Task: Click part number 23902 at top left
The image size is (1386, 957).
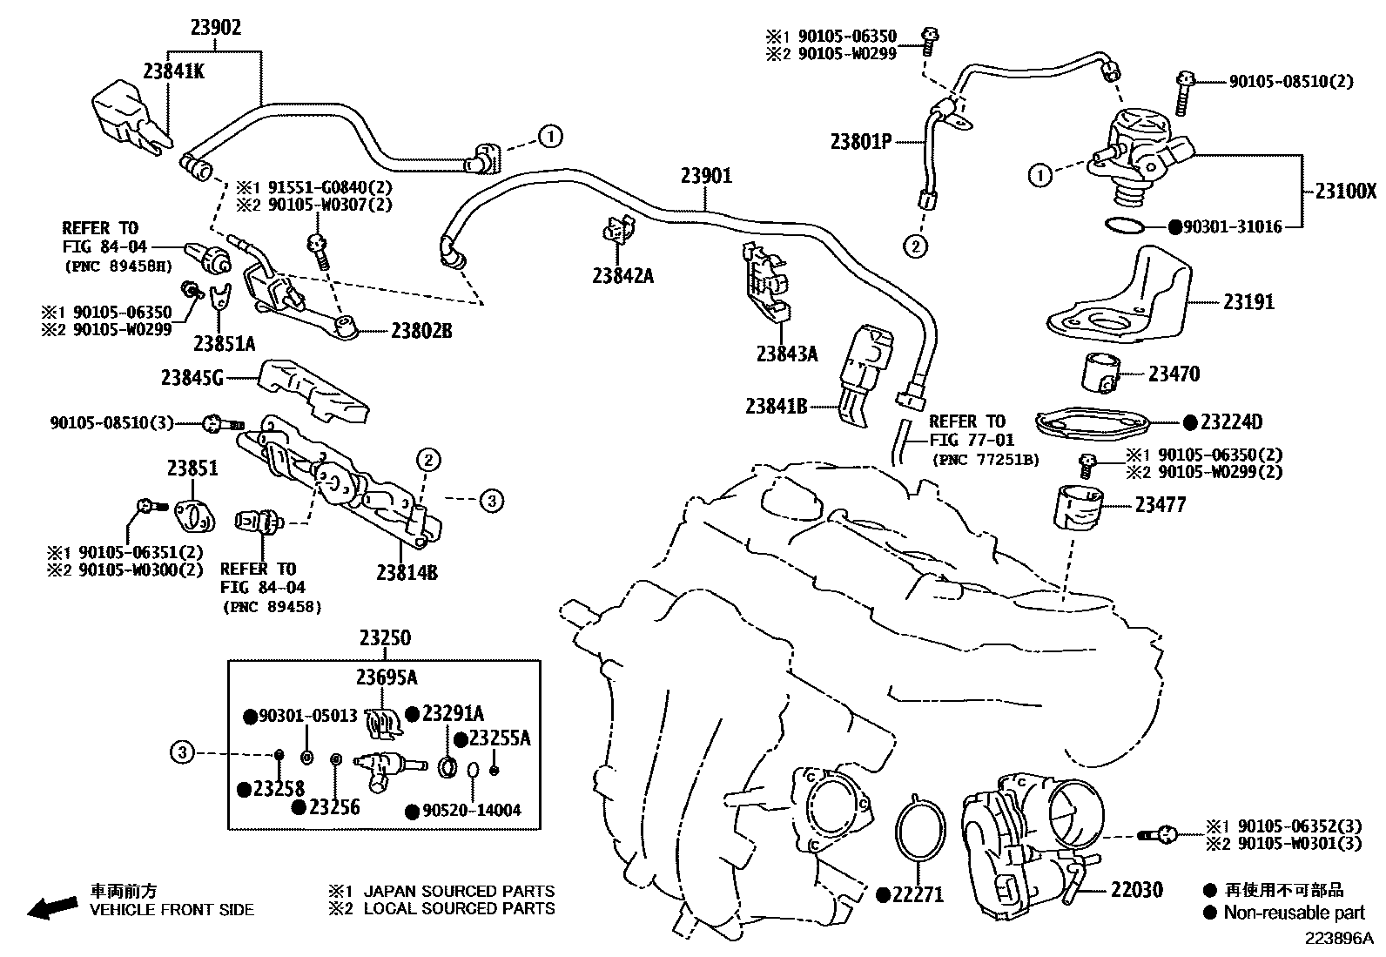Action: click(x=216, y=27)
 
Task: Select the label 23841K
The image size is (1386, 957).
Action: click(x=173, y=71)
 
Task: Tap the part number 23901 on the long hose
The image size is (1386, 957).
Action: click(x=706, y=176)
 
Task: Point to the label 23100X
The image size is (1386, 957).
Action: click(x=1345, y=192)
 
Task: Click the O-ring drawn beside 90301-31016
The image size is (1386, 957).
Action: click(x=1123, y=226)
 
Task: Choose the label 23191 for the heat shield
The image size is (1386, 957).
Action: click(x=1248, y=302)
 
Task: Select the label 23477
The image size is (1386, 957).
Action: click(x=1160, y=505)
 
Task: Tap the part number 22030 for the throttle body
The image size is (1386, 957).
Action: click(x=1136, y=890)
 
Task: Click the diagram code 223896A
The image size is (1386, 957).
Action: click(x=1337, y=939)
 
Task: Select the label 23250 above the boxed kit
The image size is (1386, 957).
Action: click(x=385, y=638)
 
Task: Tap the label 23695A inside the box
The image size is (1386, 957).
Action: click(x=385, y=677)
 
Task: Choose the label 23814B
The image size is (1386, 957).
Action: click(x=407, y=572)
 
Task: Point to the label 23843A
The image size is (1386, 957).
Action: click(x=787, y=354)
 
